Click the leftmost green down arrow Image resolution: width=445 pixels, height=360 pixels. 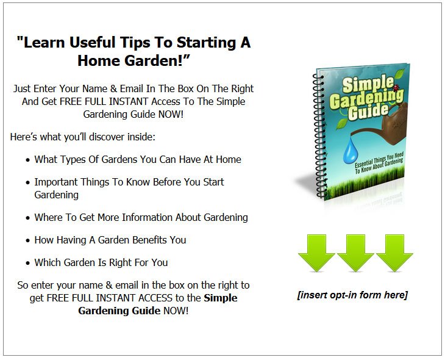pos(316,253)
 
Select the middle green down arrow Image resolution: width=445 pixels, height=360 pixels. pos(355,253)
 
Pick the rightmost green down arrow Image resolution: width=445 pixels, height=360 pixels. pos(394,253)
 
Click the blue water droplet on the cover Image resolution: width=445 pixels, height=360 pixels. pos(351,151)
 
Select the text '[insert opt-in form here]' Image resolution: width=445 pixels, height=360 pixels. pos(352,295)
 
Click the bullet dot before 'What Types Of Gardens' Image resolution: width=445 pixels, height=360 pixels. pos(27,160)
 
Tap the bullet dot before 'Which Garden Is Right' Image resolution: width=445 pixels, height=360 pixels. pos(27,263)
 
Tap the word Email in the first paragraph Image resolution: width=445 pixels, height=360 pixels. pos(132,88)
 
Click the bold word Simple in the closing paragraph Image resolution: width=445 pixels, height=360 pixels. pos(221,298)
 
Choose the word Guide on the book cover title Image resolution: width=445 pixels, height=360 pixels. pos(368,112)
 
